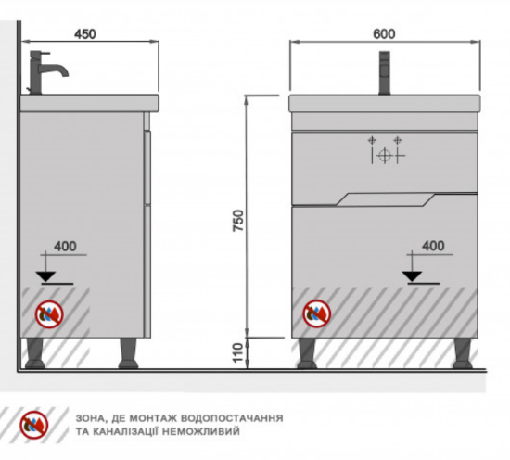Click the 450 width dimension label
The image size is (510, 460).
click(x=85, y=34)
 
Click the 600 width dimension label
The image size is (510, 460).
click(x=384, y=33)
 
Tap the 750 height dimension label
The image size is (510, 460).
click(x=238, y=221)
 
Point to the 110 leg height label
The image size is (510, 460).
click(x=238, y=352)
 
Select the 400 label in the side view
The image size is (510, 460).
click(x=66, y=247)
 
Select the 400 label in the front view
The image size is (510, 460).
click(x=433, y=246)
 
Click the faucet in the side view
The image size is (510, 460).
click(x=48, y=72)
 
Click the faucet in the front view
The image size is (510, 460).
click(x=385, y=73)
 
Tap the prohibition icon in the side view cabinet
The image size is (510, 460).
click(x=49, y=314)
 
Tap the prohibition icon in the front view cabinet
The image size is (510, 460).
click(x=317, y=313)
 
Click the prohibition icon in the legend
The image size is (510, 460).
click(x=34, y=425)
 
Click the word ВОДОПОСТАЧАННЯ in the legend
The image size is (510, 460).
click(x=232, y=417)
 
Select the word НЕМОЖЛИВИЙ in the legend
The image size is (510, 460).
click(x=200, y=431)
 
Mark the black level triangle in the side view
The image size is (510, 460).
click(x=45, y=276)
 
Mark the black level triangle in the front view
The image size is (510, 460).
click(x=412, y=276)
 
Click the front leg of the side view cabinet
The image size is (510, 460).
click(x=128, y=353)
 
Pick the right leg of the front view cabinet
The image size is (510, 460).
click(x=463, y=353)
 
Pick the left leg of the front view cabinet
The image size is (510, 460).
click(x=307, y=353)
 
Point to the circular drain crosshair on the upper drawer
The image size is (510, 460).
click(x=385, y=155)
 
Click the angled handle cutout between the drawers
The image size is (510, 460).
click(x=385, y=199)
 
